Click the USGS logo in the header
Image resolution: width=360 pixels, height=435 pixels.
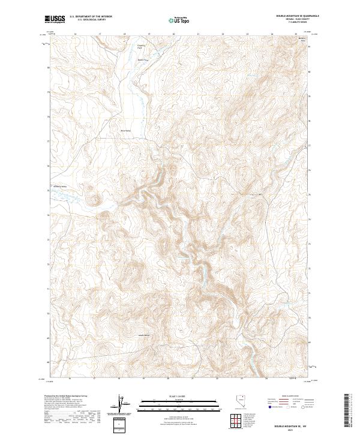point(54,19)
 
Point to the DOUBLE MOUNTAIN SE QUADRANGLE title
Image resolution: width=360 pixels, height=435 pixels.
point(297,16)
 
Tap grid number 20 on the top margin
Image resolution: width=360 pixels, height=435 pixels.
point(173,34)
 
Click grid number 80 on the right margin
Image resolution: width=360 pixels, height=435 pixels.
point(310,71)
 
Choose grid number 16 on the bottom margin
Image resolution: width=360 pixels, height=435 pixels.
point(70,379)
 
